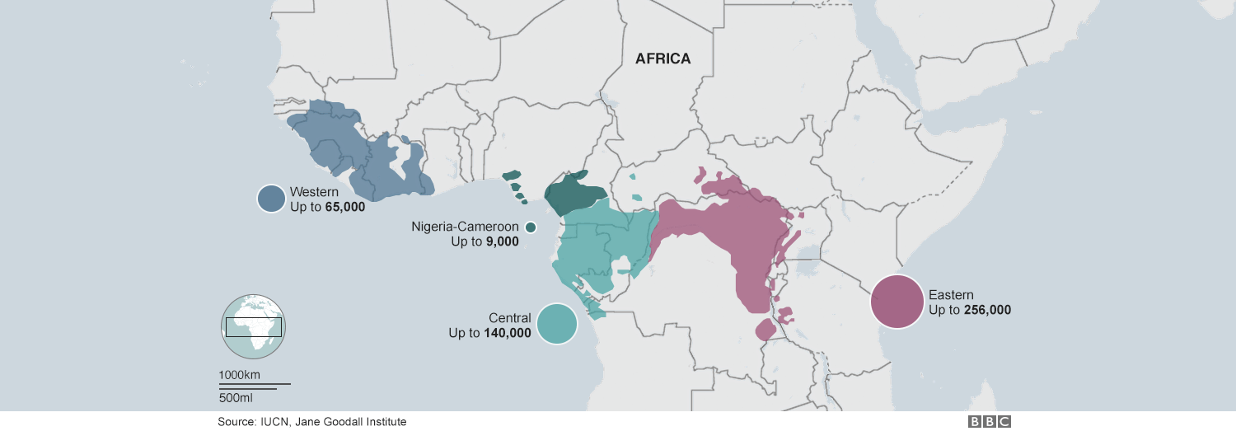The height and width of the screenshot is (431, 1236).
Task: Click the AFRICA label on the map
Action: (x=662, y=59)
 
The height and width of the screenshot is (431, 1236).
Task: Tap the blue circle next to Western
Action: (x=271, y=199)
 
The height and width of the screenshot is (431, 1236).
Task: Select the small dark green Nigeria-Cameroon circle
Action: (x=531, y=227)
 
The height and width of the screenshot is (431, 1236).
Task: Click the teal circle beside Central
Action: (x=556, y=324)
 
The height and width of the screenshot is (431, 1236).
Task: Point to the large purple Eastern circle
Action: (x=897, y=302)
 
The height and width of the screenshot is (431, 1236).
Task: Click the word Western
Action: (x=315, y=192)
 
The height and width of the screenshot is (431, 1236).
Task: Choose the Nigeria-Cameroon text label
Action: (x=465, y=227)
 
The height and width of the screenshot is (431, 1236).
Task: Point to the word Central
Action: (x=509, y=318)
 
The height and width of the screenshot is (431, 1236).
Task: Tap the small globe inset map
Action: (x=253, y=326)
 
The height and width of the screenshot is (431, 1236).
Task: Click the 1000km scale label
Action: (x=240, y=376)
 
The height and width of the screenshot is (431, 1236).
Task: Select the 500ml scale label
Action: (x=236, y=398)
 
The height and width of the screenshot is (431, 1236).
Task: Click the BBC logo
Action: (x=990, y=421)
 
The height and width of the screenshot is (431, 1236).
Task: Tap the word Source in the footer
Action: (x=236, y=421)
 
